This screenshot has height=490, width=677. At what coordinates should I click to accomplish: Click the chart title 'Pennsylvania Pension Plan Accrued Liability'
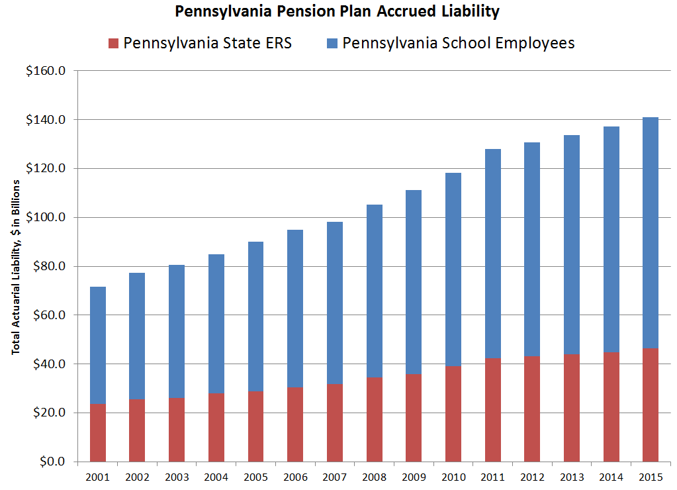tap(338, 11)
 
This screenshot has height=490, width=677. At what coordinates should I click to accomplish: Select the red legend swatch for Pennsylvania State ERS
tap(113, 44)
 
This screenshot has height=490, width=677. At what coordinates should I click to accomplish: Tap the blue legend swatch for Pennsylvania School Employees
tap(332, 44)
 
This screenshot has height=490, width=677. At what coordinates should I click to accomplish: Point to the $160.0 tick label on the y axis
tap(46, 71)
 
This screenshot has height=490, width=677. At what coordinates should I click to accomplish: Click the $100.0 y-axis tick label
tap(46, 217)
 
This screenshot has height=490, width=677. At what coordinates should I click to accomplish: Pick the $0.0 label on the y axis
tap(51, 462)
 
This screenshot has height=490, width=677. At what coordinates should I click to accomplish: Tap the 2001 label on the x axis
tap(98, 476)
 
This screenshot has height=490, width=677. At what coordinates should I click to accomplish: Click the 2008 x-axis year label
tap(374, 476)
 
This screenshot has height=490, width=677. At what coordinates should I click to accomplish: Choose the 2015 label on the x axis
tap(651, 476)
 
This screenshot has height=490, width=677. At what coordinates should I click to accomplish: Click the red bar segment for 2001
tap(98, 432)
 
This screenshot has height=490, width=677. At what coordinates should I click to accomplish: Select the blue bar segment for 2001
tap(98, 345)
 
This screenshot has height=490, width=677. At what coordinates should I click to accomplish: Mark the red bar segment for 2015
tap(651, 405)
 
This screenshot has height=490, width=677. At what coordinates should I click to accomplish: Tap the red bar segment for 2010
tap(453, 414)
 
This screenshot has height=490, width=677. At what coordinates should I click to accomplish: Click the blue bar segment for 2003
tap(177, 331)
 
